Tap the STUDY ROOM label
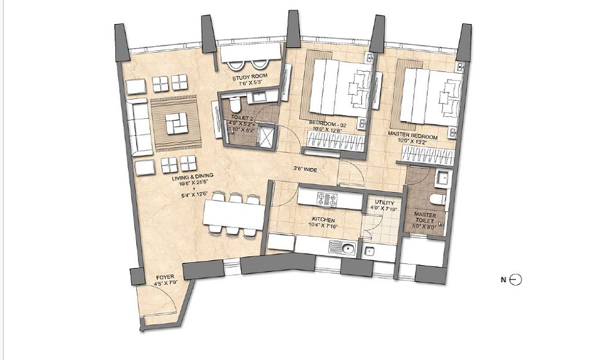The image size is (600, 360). (x=248, y=81)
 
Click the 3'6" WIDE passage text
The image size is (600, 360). (x=306, y=170)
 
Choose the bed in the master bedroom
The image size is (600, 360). (x=427, y=97)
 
